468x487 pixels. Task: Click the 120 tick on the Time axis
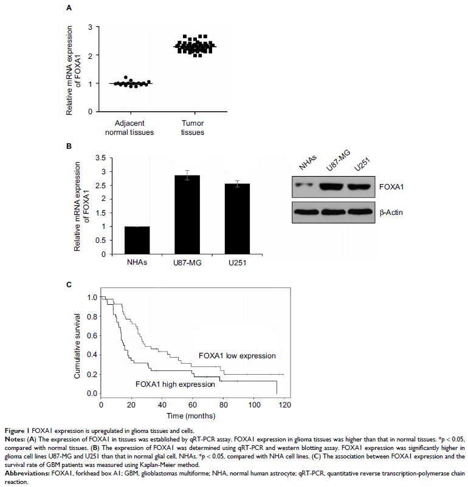(283, 406)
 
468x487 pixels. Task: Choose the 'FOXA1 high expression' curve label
(175, 384)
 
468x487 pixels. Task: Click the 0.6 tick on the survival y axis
(92, 336)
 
